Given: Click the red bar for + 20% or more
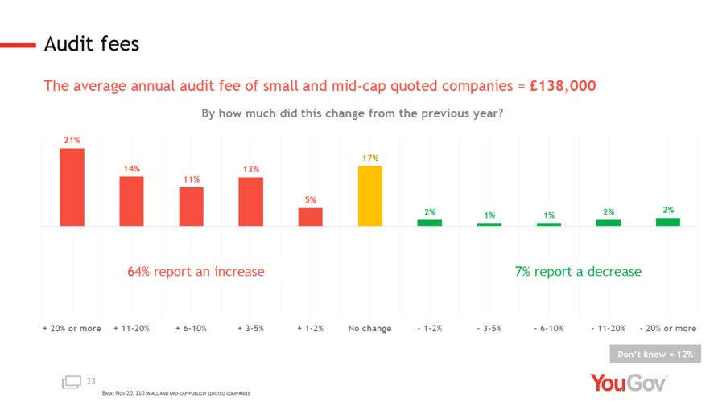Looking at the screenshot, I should [72, 187].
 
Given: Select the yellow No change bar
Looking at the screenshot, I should [370, 195].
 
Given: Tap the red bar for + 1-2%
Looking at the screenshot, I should [311, 217].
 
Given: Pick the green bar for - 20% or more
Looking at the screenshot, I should [667, 222].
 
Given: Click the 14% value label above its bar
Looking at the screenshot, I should [132, 169].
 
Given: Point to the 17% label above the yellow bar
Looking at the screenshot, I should [370, 158].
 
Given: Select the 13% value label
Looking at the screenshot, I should [250, 169].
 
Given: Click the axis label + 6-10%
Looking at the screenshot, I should [191, 328].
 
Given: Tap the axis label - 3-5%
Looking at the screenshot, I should [489, 328].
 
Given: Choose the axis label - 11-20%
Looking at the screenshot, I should [608, 328].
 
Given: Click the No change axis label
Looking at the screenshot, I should [370, 328].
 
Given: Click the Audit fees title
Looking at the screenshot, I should [92, 44].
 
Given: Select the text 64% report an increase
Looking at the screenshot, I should [196, 272].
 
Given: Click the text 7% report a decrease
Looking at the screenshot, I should [578, 272].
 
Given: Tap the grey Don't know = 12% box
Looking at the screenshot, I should [654, 354].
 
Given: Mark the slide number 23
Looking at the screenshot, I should [91, 380].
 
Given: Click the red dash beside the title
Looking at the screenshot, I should [18, 44].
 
